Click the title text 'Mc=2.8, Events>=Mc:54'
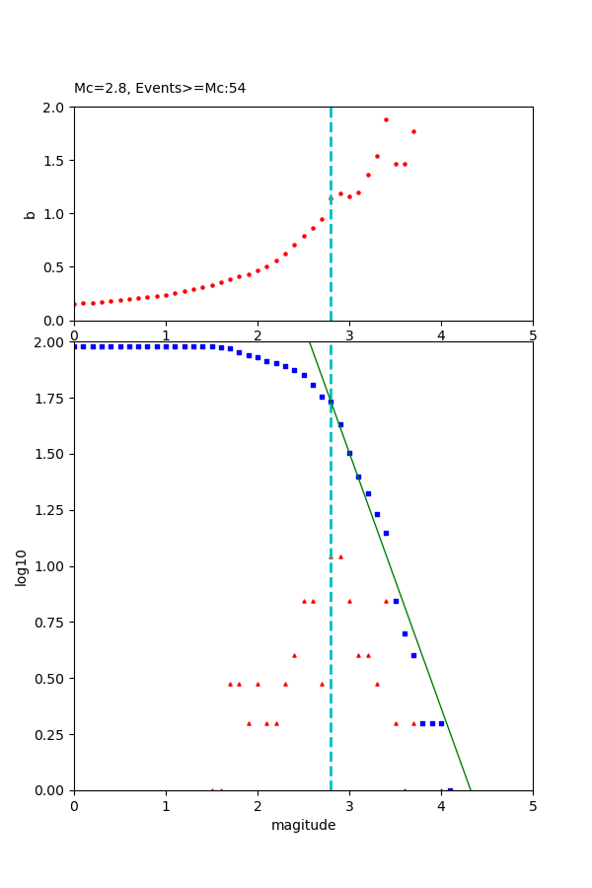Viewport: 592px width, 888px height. (160, 89)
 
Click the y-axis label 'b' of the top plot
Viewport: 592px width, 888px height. (30, 214)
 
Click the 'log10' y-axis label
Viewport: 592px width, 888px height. (22, 566)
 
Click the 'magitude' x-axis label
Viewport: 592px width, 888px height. (303, 826)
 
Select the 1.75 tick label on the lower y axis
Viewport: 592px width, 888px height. (49, 399)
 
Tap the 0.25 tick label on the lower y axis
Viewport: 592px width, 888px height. (49, 735)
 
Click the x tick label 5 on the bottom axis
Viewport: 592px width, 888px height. (533, 806)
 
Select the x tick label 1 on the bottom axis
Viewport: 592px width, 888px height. (166, 806)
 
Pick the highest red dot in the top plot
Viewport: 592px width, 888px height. (386, 119)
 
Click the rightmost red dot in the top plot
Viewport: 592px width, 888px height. (413, 131)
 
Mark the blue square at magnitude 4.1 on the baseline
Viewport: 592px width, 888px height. (450, 789)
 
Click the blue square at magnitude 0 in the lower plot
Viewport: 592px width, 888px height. (75, 346)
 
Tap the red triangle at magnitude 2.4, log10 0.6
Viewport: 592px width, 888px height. (294, 655)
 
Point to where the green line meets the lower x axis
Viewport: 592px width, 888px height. (471, 789)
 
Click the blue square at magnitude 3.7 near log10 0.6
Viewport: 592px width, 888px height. (413, 655)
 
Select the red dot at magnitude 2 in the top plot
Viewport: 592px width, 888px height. (258, 270)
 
